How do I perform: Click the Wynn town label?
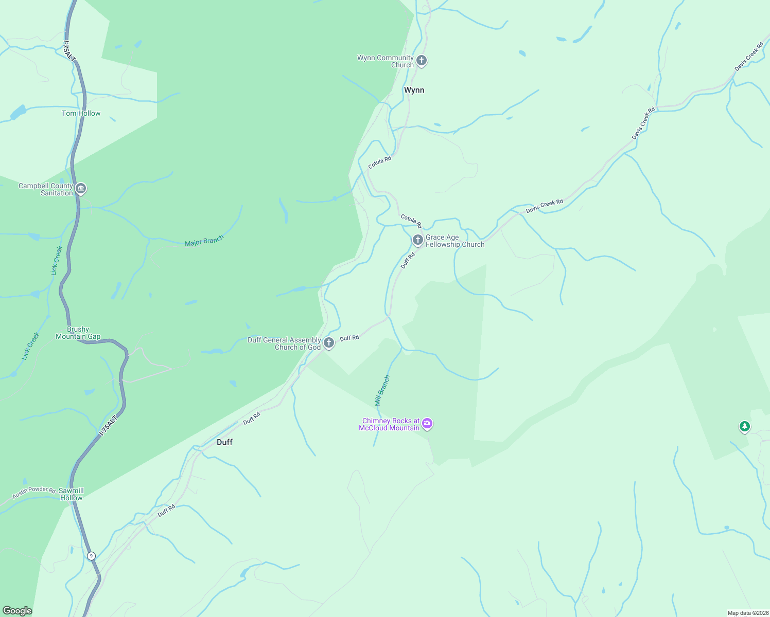click(x=414, y=90)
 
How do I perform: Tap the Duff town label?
click(x=224, y=442)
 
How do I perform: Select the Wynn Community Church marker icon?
click(x=422, y=61)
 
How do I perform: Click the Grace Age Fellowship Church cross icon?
click(x=417, y=240)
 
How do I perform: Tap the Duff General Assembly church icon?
click(x=329, y=342)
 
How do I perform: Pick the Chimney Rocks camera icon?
click(x=427, y=424)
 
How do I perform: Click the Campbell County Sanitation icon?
click(x=81, y=189)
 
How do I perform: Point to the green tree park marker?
click(x=744, y=426)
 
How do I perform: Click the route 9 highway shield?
click(x=91, y=556)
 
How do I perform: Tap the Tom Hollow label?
click(x=81, y=113)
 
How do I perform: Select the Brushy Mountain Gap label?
click(x=78, y=333)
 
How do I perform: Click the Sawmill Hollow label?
click(x=71, y=494)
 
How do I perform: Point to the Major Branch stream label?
click(x=204, y=241)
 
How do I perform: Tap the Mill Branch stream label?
click(x=382, y=391)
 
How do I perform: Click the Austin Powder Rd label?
click(x=34, y=492)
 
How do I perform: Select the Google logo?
click(x=17, y=611)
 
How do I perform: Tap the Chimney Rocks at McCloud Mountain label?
click(x=390, y=424)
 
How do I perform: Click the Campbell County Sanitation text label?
click(x=46, y=189)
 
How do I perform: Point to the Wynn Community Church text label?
click(x=386, y=61)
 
